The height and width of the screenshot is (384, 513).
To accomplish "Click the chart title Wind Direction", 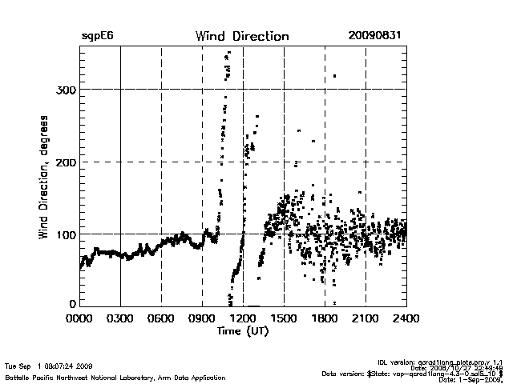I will tap(241, 36).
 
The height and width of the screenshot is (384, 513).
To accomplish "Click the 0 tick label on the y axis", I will tap(72, 304).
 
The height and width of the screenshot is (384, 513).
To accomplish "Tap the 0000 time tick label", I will tap(79, 318).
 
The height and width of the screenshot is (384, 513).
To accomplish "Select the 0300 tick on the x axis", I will tap(120, 318).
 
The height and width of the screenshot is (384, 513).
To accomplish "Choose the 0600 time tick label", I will tap(161, 318).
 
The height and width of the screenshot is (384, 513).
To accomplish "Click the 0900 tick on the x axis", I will tap(202, 318).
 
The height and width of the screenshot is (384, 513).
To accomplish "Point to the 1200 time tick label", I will tap(243, 318).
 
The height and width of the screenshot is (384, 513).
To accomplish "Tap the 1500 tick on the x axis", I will tap(284, 318).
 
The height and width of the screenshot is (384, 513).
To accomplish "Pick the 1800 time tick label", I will tap(325, 318).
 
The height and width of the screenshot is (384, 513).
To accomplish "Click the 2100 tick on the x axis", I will tap(366, 318).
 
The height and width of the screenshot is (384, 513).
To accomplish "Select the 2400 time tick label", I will tap(406, 318).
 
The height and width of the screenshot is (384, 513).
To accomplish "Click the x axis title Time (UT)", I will tap(242, 330).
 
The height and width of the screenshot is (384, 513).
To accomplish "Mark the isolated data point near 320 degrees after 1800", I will tap(334, 76).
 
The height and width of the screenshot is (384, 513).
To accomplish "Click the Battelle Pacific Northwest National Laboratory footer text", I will tap(115, 377).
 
